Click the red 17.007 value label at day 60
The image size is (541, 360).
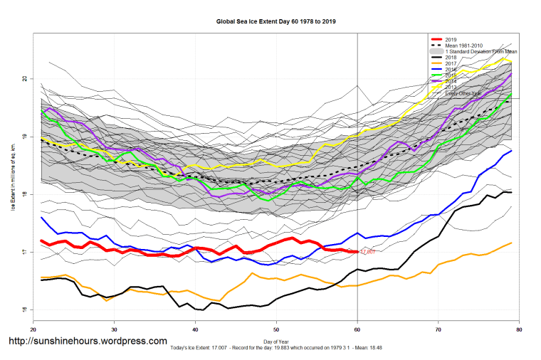(x=367, y=252)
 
